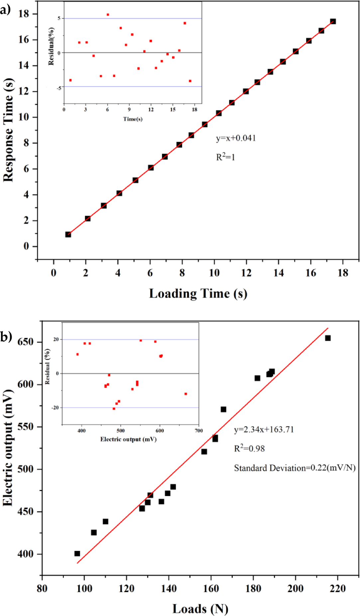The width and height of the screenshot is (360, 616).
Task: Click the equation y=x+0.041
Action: pyautogui.click(x=236, y=138)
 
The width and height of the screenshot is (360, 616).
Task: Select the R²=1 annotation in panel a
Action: pyautogui.click(x=225, y=157)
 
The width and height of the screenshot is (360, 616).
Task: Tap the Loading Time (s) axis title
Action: pyautogui.click(x=198, y=294)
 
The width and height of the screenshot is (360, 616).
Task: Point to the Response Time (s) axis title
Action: pyautogui.click(x=8, y=130)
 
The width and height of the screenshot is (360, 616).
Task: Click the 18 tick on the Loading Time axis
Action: pyautogui.click(x=343, y=273)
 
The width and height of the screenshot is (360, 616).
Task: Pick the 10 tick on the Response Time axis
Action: pyautogui.click(x=24, y=117)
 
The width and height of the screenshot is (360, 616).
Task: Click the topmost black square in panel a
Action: pyautogui.click(x=333, y=21)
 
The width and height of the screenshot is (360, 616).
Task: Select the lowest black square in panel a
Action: pyautogui.click(x=68, y=234)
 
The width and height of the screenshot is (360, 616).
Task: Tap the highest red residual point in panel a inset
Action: pyautogui.click(x=108, y=15)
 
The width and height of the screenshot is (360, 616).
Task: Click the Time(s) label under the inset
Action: pyautogui.click(x=133, y=119)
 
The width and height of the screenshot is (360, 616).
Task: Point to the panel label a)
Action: pyautogui.click(x=5, y=10)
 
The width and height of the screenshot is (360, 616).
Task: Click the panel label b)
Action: pyautogui.click(x=6, y=337)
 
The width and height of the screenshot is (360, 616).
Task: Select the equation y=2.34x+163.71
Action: pyautogui.click(x=264, y=430)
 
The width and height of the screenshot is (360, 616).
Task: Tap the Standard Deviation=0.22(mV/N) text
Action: pyautogui.click(x=295, y=468)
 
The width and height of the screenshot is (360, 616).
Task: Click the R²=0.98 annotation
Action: pyautogui.click(x=249, y=448)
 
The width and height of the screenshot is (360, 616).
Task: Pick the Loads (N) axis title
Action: pyautogui.click(x=200, y=608)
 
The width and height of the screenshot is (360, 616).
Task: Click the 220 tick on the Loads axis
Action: pyautogui.click(x=337, y=588)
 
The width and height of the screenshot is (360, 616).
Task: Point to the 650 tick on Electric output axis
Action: pyautogui.click(x=26, y=342)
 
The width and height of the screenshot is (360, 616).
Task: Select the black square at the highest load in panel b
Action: pyautogui.click(x=328, y=338)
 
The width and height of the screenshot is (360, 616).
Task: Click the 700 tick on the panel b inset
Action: pyautogui.click(x=199, y=431)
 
